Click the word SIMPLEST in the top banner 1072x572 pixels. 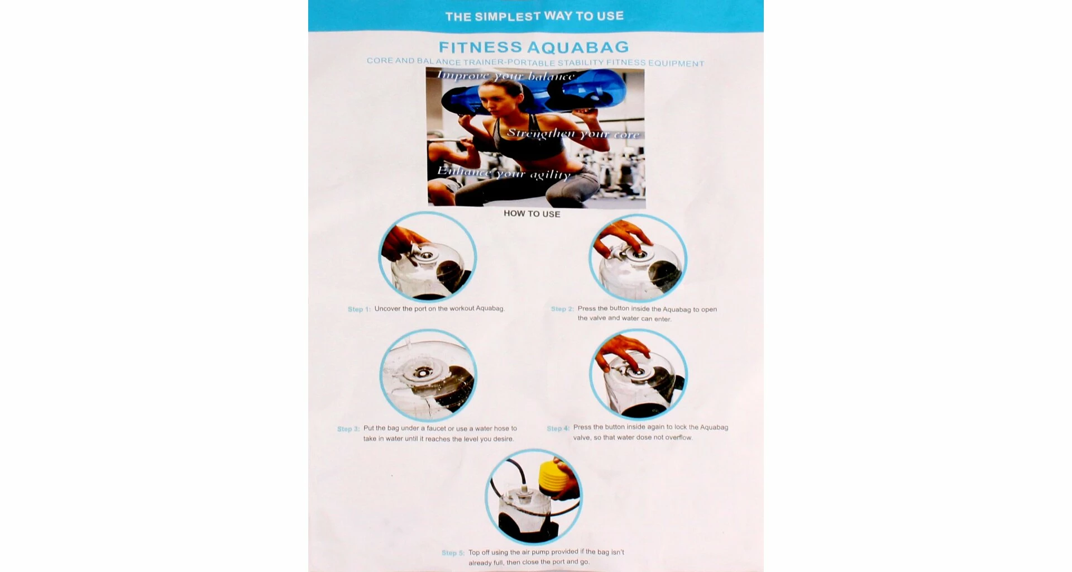click(x=508, y=16)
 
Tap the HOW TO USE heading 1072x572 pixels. click(x=532, y=213)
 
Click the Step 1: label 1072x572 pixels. click(x=359, y=309)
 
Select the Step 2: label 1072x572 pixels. click(x=562, y=309)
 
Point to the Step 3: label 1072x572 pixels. click(x=348, y=429)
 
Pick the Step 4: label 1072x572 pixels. click(x=558, y=428)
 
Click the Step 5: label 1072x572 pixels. click(x=453, y=552)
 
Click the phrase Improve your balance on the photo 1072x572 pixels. click(x=505, y=76)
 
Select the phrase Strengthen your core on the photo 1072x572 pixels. click(x=573, y=134)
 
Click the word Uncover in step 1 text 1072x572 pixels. click(x=387, y=308)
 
